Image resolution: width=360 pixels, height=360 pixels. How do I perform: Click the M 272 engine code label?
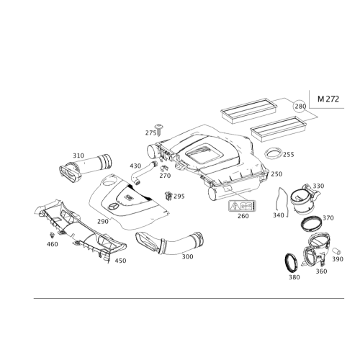click(x=328, y=99)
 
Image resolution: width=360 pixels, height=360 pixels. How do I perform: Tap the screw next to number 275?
click(x=159, y=130)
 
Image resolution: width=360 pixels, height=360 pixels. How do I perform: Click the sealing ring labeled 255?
click(x=273, y=154)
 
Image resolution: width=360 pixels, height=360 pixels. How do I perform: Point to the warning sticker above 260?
click(x=243, y=206)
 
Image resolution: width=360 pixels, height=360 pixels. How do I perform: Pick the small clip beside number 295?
click(x=168, y=196)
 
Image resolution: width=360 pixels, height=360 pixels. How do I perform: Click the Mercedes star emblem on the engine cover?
click(x=113, y=207)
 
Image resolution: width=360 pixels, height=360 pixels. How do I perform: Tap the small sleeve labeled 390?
click(x=337, y=251)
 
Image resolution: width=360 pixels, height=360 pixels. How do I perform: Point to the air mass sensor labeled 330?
click(x=304, y=199)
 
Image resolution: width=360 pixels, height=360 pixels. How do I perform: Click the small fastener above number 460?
click(x=52, y=235)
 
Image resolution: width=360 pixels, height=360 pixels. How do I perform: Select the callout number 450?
click(x=120, y=261)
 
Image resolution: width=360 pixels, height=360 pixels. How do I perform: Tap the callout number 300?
click(x=187, y=257)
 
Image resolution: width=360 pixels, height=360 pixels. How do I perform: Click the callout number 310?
click(x=78, y=156)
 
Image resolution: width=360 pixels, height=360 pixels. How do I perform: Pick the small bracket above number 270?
click(x=164, y=168)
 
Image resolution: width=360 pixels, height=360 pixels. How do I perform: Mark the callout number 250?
click(x=276, y=174)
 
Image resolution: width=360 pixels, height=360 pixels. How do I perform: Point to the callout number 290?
click(x=103, y=222)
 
